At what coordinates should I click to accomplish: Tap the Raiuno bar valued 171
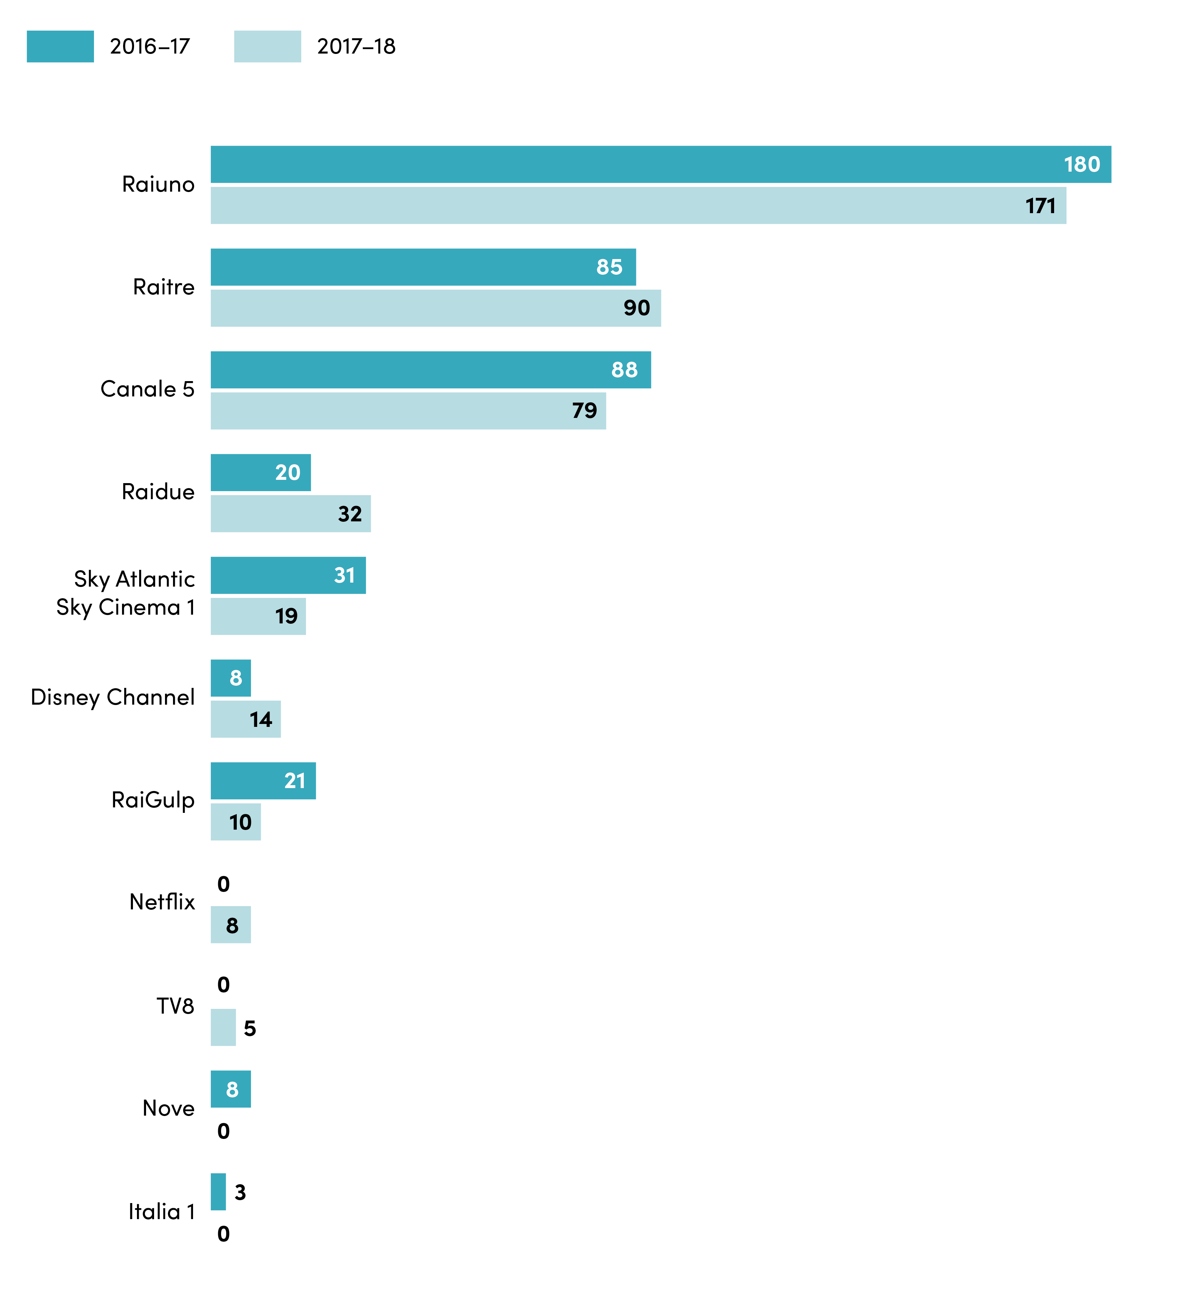click(x=639, y=205)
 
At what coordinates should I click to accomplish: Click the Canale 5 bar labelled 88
click(x=431, y=369)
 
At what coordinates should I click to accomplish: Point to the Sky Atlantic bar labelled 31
click(x=288, y=575)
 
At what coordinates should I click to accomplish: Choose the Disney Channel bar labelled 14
click(x=246, y=719)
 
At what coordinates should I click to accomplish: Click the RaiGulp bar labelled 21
click(x=263, y=781)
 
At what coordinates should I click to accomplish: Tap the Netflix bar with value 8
click(x=231, y=925)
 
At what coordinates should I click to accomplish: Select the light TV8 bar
click(x=223, y=1027)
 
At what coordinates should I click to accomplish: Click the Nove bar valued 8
click(x=231, y=1089)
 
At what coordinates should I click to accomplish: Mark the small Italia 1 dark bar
click(x=219, y=1192)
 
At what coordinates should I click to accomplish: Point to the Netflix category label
click(x=162, y=902)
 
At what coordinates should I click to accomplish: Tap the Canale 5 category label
click(x=148, y=389)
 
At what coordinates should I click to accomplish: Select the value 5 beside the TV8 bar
click(x=250, y=1028)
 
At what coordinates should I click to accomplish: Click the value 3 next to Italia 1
click(x=240, y=1192)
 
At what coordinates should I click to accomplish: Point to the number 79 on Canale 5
click(x=585, y=411)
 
